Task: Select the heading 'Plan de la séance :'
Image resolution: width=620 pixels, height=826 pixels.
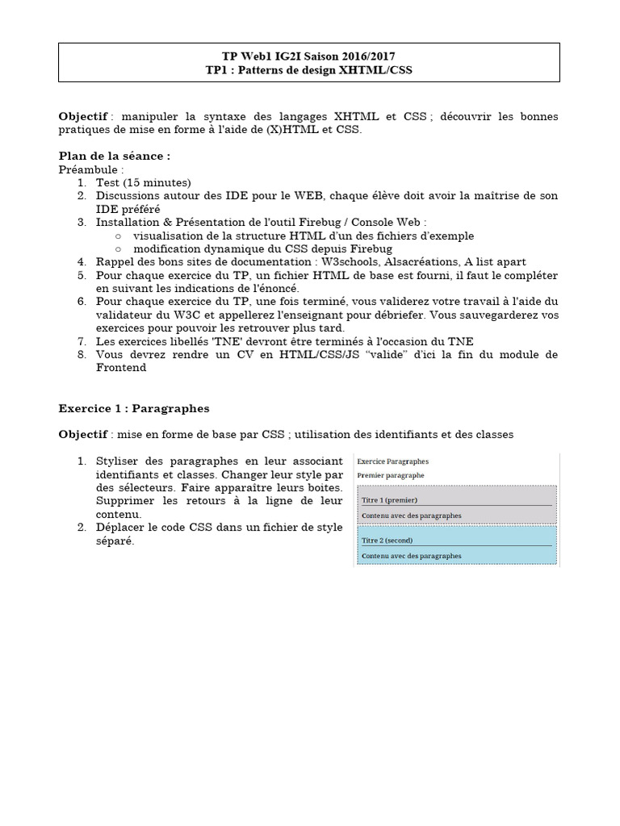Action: [x=115, y=156]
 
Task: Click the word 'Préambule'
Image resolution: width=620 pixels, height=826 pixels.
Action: [x=90, y=169]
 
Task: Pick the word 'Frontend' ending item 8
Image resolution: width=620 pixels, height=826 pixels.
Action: [x=121, y=367]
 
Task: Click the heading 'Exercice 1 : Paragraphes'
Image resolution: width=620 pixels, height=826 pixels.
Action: [x=134, y=409]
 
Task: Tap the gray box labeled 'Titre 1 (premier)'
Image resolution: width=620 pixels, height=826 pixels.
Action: [x=456, y=505]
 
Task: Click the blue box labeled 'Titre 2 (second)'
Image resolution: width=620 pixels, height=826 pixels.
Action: [x=456, y=545]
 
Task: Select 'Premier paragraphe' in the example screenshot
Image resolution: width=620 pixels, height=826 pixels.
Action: [x=391, y=476]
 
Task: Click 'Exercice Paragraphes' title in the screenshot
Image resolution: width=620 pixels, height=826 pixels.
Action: [x=393, y=461]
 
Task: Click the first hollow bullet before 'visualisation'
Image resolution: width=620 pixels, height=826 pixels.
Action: [x=118, y=236]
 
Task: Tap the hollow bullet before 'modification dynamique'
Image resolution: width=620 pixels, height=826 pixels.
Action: [x=118, y=248]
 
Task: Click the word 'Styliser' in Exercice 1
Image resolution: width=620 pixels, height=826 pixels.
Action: [x=119, y=461]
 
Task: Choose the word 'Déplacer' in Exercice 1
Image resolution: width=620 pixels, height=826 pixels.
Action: [x=122, y=528]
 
